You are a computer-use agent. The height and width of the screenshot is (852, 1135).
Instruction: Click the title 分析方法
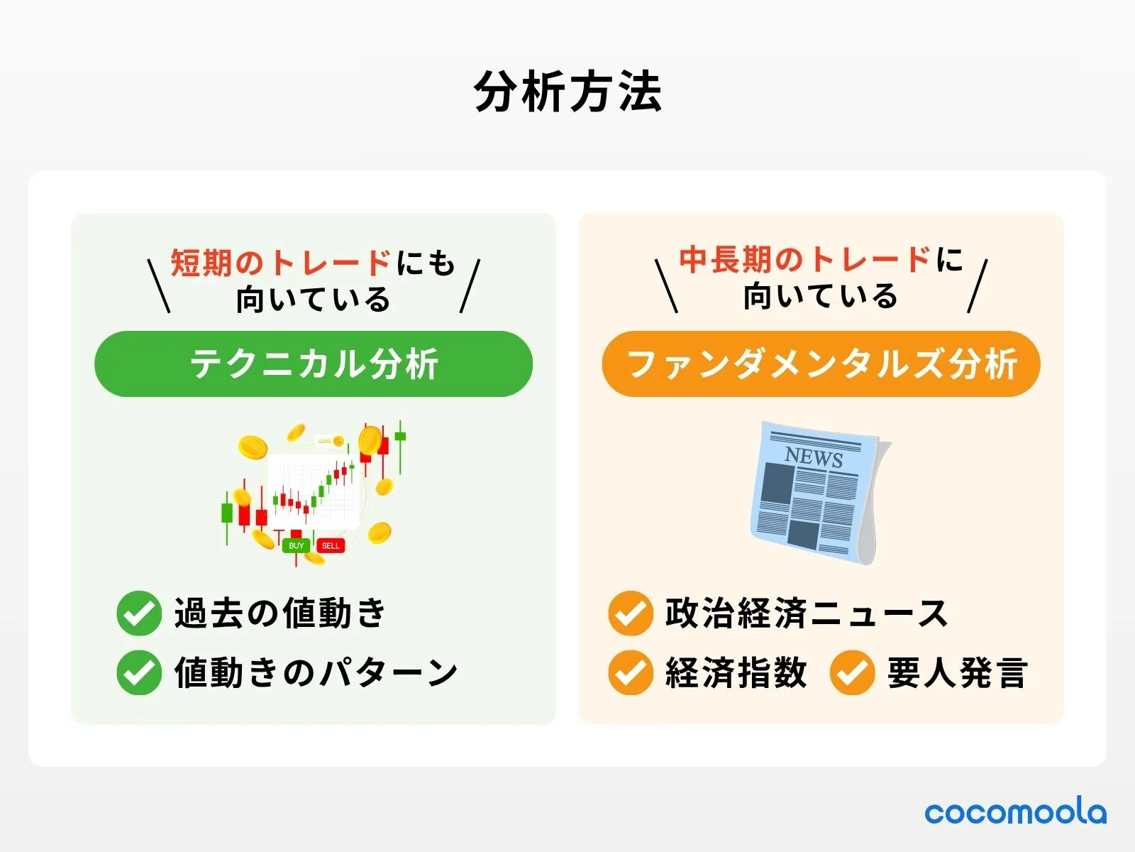pos(567,92)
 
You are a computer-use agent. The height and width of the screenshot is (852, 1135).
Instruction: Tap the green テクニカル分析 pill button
pos(314,364)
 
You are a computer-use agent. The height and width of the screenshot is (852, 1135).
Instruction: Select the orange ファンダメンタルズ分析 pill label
pos(821,364)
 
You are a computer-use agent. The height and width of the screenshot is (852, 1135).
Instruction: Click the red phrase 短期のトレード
pos(281,263)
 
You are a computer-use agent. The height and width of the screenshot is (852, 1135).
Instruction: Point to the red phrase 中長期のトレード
pos(805,260)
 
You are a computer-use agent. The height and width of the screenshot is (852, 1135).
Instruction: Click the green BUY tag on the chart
pos(297,545)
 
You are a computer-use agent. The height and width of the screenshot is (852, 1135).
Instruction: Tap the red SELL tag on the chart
pos(331,545)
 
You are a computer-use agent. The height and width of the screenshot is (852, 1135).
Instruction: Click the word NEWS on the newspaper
pos(814,457)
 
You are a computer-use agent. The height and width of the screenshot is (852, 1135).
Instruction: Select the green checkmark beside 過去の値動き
pos(139,613)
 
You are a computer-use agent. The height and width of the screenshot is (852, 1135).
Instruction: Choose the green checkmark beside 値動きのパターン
pos(139,672)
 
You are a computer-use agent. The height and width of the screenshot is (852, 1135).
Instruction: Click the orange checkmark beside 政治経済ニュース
pos(630,613)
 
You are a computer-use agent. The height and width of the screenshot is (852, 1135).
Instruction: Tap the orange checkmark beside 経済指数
pos(630,672)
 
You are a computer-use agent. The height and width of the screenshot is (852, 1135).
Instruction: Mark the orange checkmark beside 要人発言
pos(852,672)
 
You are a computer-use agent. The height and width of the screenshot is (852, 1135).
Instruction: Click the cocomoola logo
pos(1015,812)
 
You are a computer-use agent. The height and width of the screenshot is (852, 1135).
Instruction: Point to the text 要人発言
pos(957,672)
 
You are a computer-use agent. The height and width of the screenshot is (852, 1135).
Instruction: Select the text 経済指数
pos(736,672)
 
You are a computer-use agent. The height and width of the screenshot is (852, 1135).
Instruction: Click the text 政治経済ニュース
pos(807,613)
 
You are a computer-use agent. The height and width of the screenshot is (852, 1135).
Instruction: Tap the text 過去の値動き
pos(280,613)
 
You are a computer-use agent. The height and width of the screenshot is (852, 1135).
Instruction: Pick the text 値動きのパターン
pos(316,672)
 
